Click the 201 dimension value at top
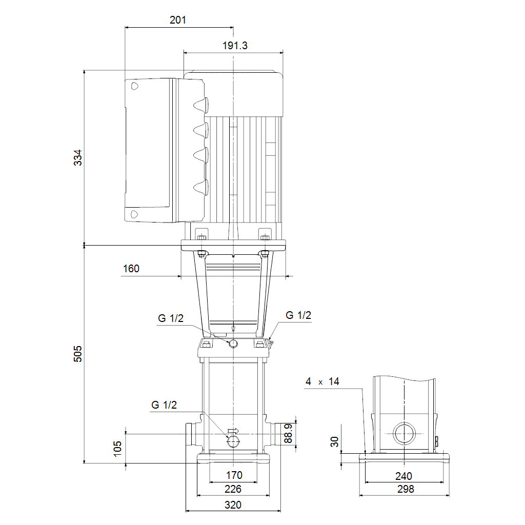(x=178, y=20)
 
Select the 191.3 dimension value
(x=235, y=46)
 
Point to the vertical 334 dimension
(x=78, y=157)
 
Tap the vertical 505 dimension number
(x=78, y=354)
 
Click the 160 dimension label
(x=131, y=269)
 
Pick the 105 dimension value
(x=117, y=449)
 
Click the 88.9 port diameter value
(x=288, y=433)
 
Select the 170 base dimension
(x=234, y=475)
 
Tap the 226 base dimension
(x=233, y=489)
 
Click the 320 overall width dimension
(x=233, y=505)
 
